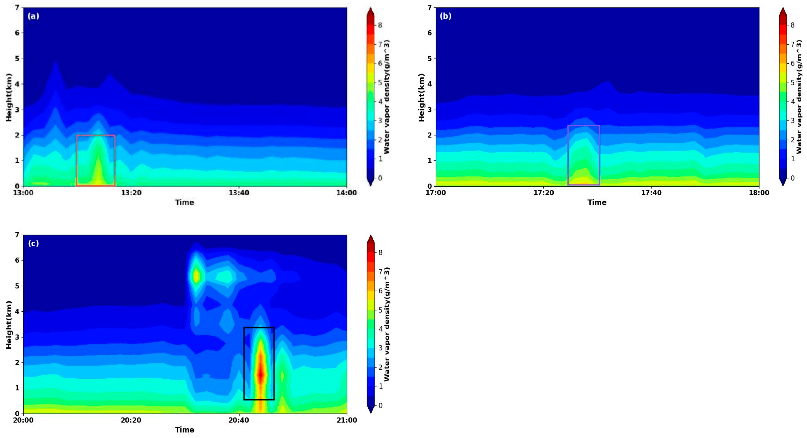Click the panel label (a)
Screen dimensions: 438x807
click(33, 16)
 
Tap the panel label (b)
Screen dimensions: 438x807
click(445, 16)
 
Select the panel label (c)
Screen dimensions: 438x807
click(33, 243)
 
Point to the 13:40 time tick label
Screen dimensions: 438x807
click(239, 193)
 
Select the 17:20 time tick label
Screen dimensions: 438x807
click(544, 193)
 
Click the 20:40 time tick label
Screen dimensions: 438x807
click(239, 420)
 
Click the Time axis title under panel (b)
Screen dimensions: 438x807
click(597, 202)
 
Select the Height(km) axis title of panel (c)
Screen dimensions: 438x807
click(9, 325)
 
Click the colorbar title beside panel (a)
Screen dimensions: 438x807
click(387, 97)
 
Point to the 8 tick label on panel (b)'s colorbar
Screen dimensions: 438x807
click(793, 25)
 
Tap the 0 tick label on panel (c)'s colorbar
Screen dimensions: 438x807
click(380, 405)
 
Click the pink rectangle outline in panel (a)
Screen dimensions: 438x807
click(77, 160)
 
